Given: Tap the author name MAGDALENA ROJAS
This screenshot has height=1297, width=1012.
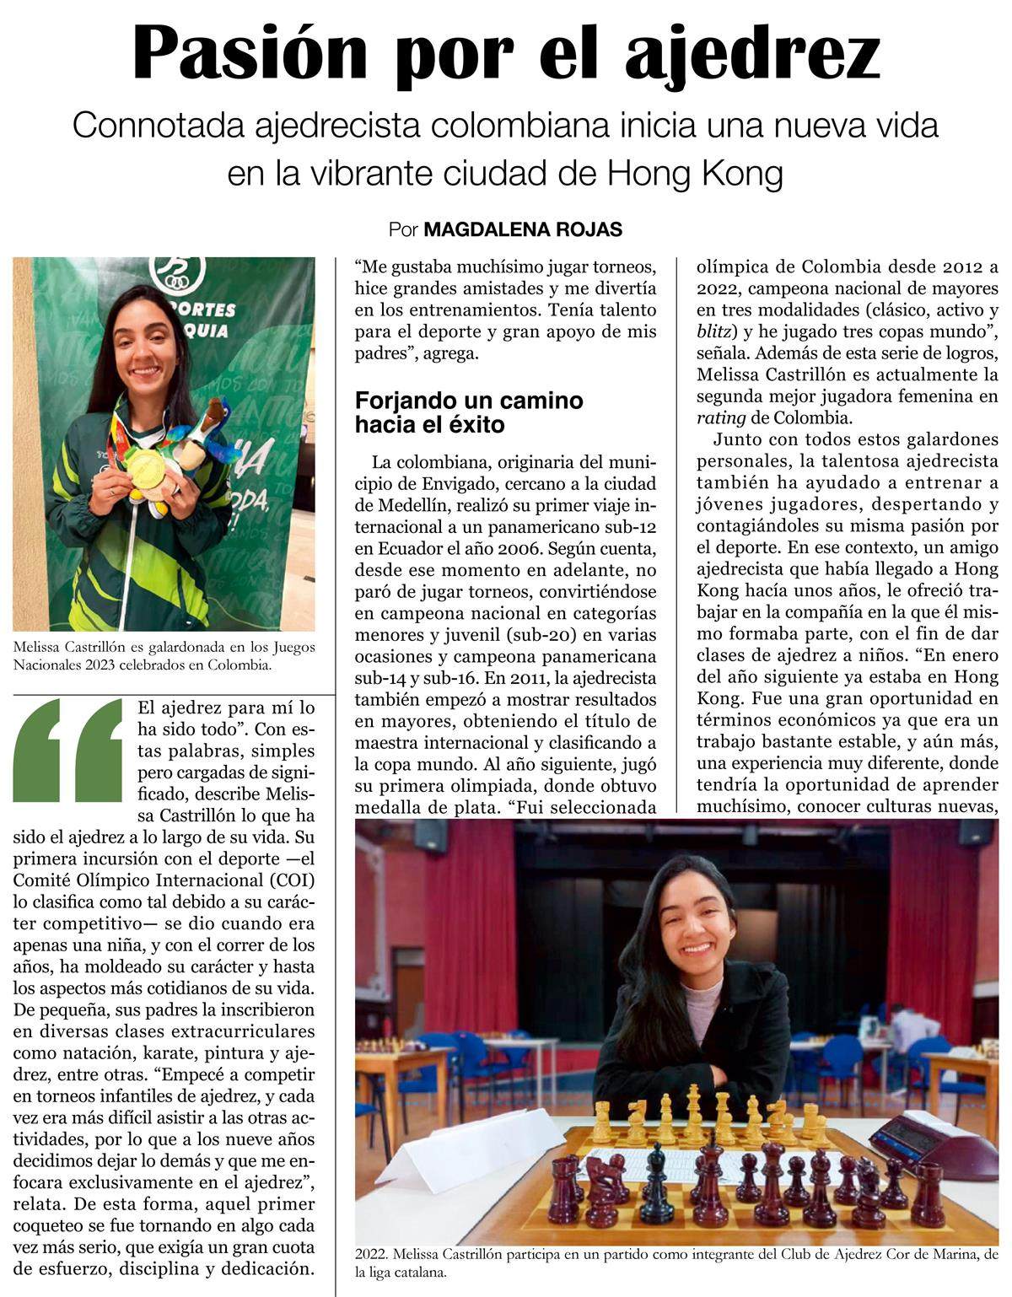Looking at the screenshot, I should pos(523,229).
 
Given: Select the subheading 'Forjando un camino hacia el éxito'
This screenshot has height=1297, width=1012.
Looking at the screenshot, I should pos(469,412).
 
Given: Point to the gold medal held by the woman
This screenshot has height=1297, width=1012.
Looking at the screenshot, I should pos(146,466).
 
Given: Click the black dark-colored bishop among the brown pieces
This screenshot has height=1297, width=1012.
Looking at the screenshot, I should pos(656,1181).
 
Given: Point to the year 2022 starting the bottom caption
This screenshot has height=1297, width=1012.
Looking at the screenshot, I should pos(372,1254).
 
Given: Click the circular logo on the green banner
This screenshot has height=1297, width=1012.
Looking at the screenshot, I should pos(176,272).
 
